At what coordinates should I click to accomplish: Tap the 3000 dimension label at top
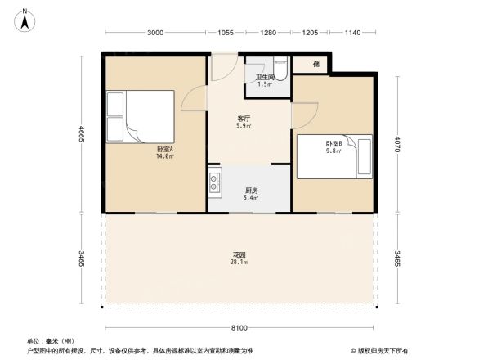click(157, 33)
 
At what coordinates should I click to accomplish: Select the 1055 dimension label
click(226, 33)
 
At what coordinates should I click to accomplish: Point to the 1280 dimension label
click(267, 33)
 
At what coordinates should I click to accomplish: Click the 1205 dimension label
click(310, 33)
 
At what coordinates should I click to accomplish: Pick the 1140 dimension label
click(352, 33)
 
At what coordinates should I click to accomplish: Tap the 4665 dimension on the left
click(82, 132)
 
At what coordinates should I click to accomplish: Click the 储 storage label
click(316, 63)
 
